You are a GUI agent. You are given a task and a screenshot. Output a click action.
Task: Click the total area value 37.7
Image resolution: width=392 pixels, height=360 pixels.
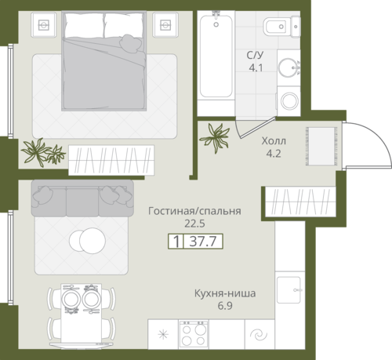[203, 241]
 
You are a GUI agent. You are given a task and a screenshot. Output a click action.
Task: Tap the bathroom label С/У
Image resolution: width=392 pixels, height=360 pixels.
[255, 55]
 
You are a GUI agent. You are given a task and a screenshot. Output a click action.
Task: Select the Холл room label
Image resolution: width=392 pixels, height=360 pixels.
[274, 141]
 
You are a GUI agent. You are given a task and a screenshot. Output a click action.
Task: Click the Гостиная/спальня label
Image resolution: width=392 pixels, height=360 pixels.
[194, 211]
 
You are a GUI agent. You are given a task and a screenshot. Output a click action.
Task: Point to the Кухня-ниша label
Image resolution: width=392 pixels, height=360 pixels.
[225, 293]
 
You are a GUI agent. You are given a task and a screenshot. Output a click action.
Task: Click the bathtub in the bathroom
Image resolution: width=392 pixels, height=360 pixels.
[216, 56]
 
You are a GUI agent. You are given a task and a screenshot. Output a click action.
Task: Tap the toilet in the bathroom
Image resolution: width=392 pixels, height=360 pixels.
[281, 27]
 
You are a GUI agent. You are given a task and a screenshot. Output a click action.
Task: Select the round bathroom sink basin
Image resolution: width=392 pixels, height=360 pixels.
[289, 67]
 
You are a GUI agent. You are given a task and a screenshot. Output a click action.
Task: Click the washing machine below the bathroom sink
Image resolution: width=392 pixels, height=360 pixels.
[289, 101]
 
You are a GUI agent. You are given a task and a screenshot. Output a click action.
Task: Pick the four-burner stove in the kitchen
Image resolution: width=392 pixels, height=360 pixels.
[194, 334]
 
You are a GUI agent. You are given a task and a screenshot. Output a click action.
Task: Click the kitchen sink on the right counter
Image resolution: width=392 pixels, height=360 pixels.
[289, 290]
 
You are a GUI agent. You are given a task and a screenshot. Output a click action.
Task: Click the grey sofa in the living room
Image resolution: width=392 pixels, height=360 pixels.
[82, 198]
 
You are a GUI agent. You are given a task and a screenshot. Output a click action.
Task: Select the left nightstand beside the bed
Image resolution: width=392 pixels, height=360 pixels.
[44, 25]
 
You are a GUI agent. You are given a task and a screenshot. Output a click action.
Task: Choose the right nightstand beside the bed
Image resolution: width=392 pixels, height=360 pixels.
[165, 25]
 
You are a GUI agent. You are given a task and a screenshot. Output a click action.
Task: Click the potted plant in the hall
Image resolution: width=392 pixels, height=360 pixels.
[215, 137]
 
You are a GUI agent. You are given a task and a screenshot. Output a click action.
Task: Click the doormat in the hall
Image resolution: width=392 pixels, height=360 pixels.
[321, 146]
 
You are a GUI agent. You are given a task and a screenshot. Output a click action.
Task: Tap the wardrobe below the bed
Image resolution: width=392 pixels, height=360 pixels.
[111, 160]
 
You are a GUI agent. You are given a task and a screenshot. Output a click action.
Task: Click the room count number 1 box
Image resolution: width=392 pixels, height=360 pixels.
[176, 241]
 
